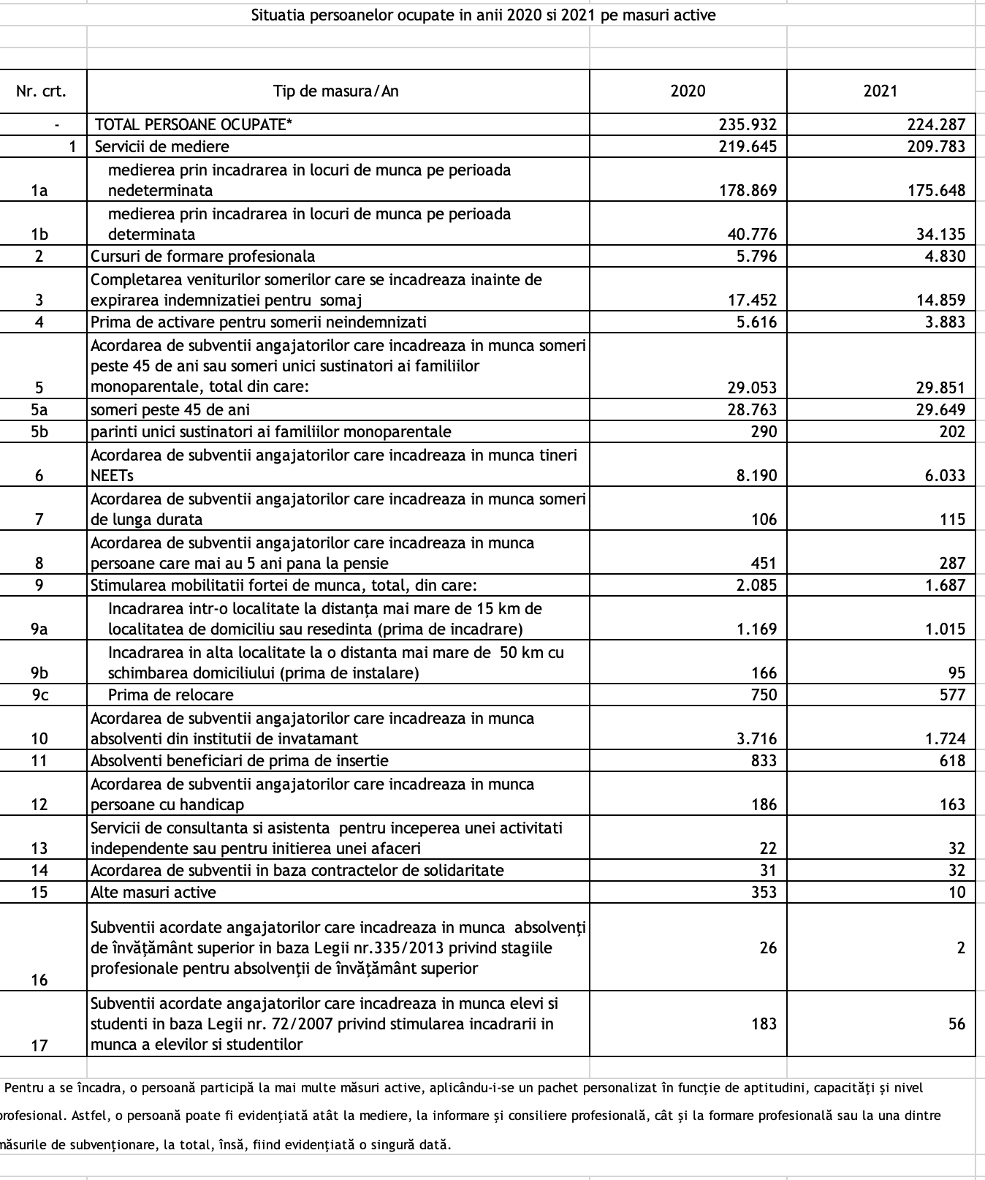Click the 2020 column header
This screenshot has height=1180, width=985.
coord(688,91)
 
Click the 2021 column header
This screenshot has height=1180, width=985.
coord(880,91)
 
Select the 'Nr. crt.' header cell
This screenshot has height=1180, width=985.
coord(41,91)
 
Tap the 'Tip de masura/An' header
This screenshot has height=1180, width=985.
coord(336,91)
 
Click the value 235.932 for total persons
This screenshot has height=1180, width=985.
coord(748,124)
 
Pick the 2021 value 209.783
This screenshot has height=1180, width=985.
coord(936,146)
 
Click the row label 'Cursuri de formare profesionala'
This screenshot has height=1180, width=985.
coord(203,256)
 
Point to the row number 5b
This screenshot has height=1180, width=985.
coord(39,431)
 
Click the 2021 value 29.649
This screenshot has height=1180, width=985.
coord(940,409)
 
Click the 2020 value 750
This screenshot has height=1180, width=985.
coord(764,695)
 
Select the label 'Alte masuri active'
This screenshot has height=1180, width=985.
coord(153,892)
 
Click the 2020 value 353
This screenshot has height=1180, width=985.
coord(764,892)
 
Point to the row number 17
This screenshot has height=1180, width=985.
coord(39,1045)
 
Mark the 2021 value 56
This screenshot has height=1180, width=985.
coord(957,1024)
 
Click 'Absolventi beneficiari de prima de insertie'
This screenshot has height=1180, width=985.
coord(240,760)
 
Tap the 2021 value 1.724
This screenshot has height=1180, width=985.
coord(945,738)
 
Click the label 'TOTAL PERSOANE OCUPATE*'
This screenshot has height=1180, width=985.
coord(194,124)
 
